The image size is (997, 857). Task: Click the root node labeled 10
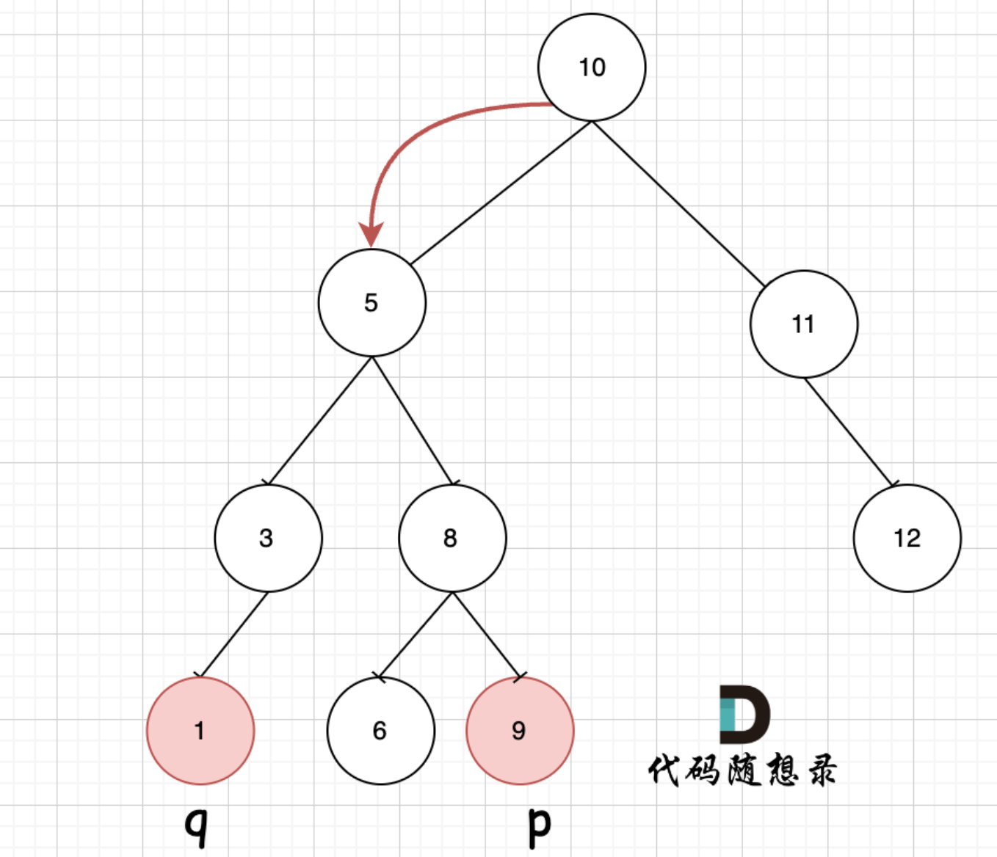coord(592,68)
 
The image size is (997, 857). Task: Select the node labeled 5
coord(371,303)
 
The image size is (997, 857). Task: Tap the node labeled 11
coord(803,324)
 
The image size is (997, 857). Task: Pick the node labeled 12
coord(907,538)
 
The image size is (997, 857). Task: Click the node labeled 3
coord(268,538)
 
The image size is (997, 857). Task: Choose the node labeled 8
coord(452,538)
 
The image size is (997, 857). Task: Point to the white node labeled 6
coord(380,731)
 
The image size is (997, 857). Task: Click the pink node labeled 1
coord(200,731)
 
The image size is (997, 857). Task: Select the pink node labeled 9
coord(520,731)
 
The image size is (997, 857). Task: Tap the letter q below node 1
coord(196,826)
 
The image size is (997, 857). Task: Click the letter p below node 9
coord(539,826)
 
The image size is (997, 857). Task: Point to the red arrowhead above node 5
coord(371,235)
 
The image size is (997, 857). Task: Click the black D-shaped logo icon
coord(744,715)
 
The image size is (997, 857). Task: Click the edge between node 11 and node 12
coord(849,432)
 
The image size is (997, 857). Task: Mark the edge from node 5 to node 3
coord(320,421)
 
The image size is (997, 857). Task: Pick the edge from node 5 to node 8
coord(413,421)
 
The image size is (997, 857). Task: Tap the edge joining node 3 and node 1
coord(234,635)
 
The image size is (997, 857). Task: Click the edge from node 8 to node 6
coord(415,635)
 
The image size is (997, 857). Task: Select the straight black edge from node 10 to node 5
coord(501,193)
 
